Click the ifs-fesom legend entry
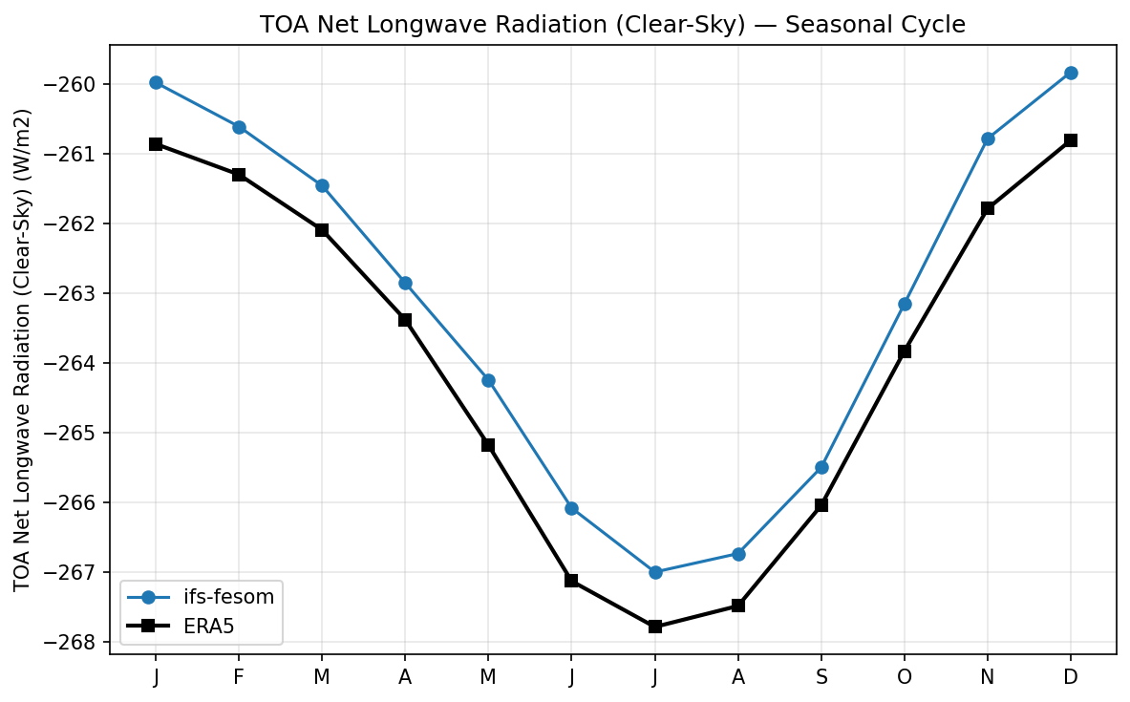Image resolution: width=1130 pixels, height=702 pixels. click(228, 598)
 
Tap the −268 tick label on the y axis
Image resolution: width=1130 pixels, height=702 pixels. click(75, 642)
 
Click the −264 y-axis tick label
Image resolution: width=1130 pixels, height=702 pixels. click(75, 363)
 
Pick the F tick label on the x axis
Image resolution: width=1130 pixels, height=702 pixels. click(239, 676)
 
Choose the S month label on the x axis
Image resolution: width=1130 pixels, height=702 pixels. click(821, 676)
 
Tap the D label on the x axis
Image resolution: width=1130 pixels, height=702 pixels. click(1071, 676)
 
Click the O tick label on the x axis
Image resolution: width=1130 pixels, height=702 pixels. click(905, 676)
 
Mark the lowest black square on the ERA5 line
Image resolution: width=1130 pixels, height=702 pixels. click(655, 627)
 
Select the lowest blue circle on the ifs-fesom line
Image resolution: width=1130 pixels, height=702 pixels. click(655, 572)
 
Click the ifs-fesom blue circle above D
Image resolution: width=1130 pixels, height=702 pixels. click(1071, 73)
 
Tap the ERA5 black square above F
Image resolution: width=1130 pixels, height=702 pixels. click(239, 175)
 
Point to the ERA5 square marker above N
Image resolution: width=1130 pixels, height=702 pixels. click(988, 208)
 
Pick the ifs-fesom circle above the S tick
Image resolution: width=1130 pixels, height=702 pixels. click(821, 467)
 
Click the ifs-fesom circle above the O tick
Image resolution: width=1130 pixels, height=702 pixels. click(905, 304)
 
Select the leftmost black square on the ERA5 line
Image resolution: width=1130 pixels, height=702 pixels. click(156, 144)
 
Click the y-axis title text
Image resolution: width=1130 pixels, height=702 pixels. click(23, 350)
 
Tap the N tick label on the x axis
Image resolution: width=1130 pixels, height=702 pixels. click(988, 676)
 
